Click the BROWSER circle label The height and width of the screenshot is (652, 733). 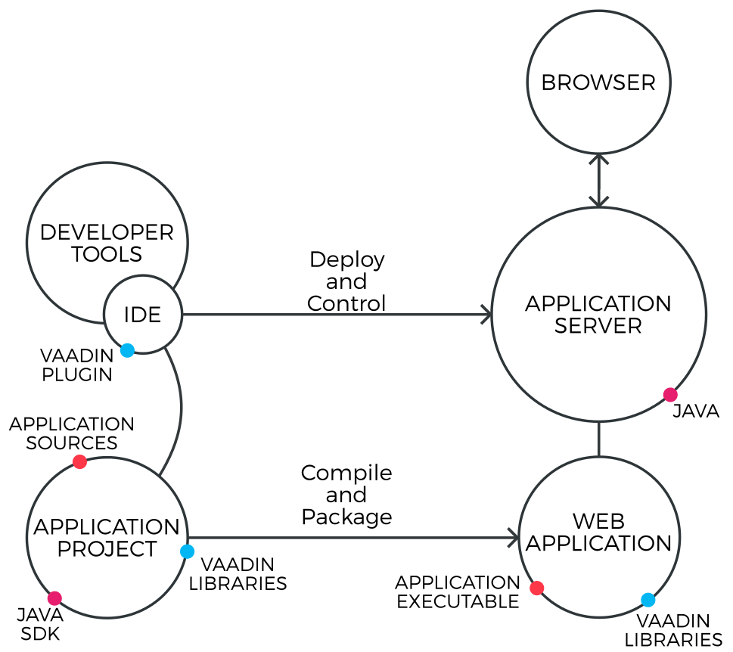tap(598, 82)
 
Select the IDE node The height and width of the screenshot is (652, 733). tap(143, 315)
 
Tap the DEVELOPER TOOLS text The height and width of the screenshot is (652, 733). tap(107, 243)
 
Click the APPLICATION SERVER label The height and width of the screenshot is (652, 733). tap(598, 315)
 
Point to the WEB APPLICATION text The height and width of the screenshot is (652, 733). tap(598, 532)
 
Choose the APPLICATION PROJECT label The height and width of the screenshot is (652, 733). tap(107, 537)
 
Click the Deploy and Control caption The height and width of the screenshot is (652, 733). tap(346, 281)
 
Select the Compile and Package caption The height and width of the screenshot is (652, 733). tap(346, 495)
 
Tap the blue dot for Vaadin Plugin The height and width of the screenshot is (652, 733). tap(127, 350)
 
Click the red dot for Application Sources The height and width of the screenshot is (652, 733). tap(79, 462)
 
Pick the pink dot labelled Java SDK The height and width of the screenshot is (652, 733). tap(54, 598)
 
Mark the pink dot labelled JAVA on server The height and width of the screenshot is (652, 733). tap(670, 395)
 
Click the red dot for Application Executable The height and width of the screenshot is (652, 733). tap(537, 588)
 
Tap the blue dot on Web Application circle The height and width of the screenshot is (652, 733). tap(648, 600)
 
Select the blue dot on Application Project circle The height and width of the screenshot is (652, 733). tap(187, 551)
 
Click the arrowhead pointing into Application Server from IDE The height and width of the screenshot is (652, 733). tap(487, 315)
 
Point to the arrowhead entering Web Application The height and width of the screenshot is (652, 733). tap(514, 538)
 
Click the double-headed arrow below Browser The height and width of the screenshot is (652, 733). tap(599, 180)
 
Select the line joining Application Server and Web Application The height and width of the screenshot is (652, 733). tap(599, 439)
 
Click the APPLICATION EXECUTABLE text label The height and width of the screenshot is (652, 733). tap(457, 592)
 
